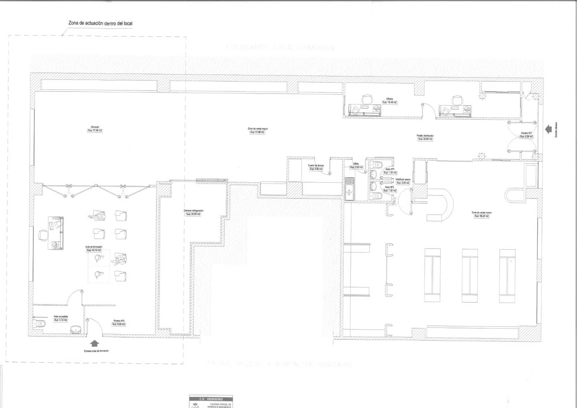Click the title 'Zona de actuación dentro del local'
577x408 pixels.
(100, 23)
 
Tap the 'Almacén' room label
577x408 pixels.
(95, 127)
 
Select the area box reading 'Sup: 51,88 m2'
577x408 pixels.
(257, 132)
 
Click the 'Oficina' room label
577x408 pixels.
(389, 99)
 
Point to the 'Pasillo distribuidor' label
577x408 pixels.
(425, 136)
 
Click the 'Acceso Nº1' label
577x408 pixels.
(527, 133)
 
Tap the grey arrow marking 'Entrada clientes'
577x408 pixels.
(548, 129)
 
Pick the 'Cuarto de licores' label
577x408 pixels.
(316, 166)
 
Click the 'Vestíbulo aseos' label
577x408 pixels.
(403, 179)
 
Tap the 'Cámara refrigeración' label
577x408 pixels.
(194, 211)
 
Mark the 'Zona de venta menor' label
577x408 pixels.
(481, 212)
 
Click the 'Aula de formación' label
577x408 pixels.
(94, 247)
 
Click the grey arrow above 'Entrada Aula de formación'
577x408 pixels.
(94, 343)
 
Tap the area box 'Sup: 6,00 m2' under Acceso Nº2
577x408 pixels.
(119, 324)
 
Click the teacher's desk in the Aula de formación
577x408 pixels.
(56, 233)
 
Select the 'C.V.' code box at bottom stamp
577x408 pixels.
(211, 399)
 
